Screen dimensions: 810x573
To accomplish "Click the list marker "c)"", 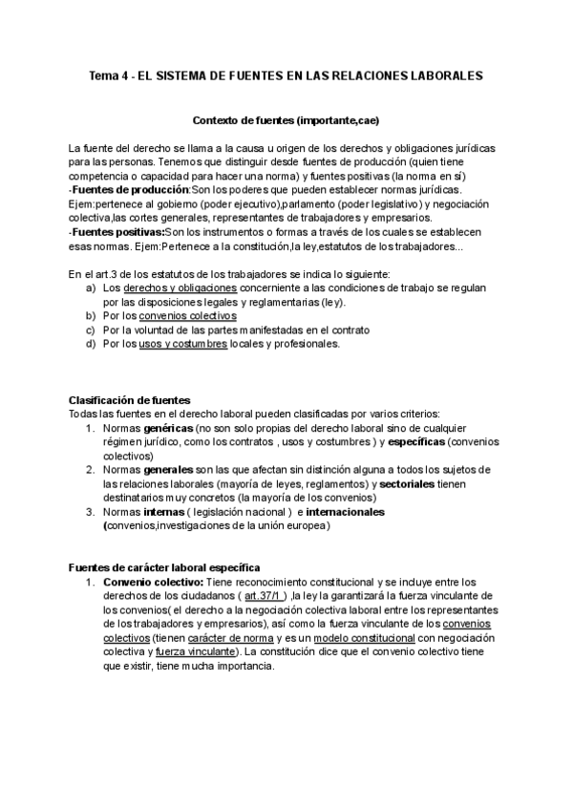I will coord(91,330).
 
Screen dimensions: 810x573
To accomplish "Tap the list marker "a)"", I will coord(91,288).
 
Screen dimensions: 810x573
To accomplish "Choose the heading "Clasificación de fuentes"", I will coord(130,399).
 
